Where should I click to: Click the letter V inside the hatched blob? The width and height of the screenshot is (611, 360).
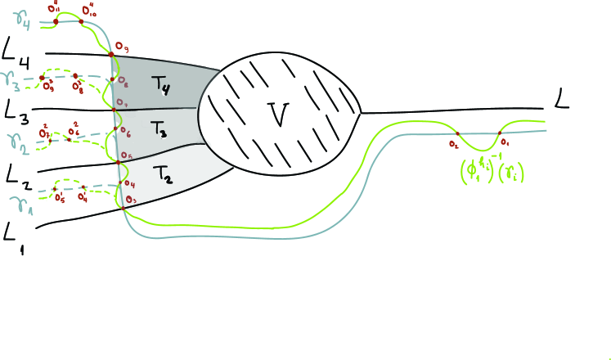tap(280, 115)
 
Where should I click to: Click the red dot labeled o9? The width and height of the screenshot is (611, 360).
tap(111, 55)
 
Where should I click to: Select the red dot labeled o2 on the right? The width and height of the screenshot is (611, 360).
tap(456, 133)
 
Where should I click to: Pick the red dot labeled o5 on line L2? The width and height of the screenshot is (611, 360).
tap(119, 162)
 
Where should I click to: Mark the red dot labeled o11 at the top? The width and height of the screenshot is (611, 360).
tap(55, 22)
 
